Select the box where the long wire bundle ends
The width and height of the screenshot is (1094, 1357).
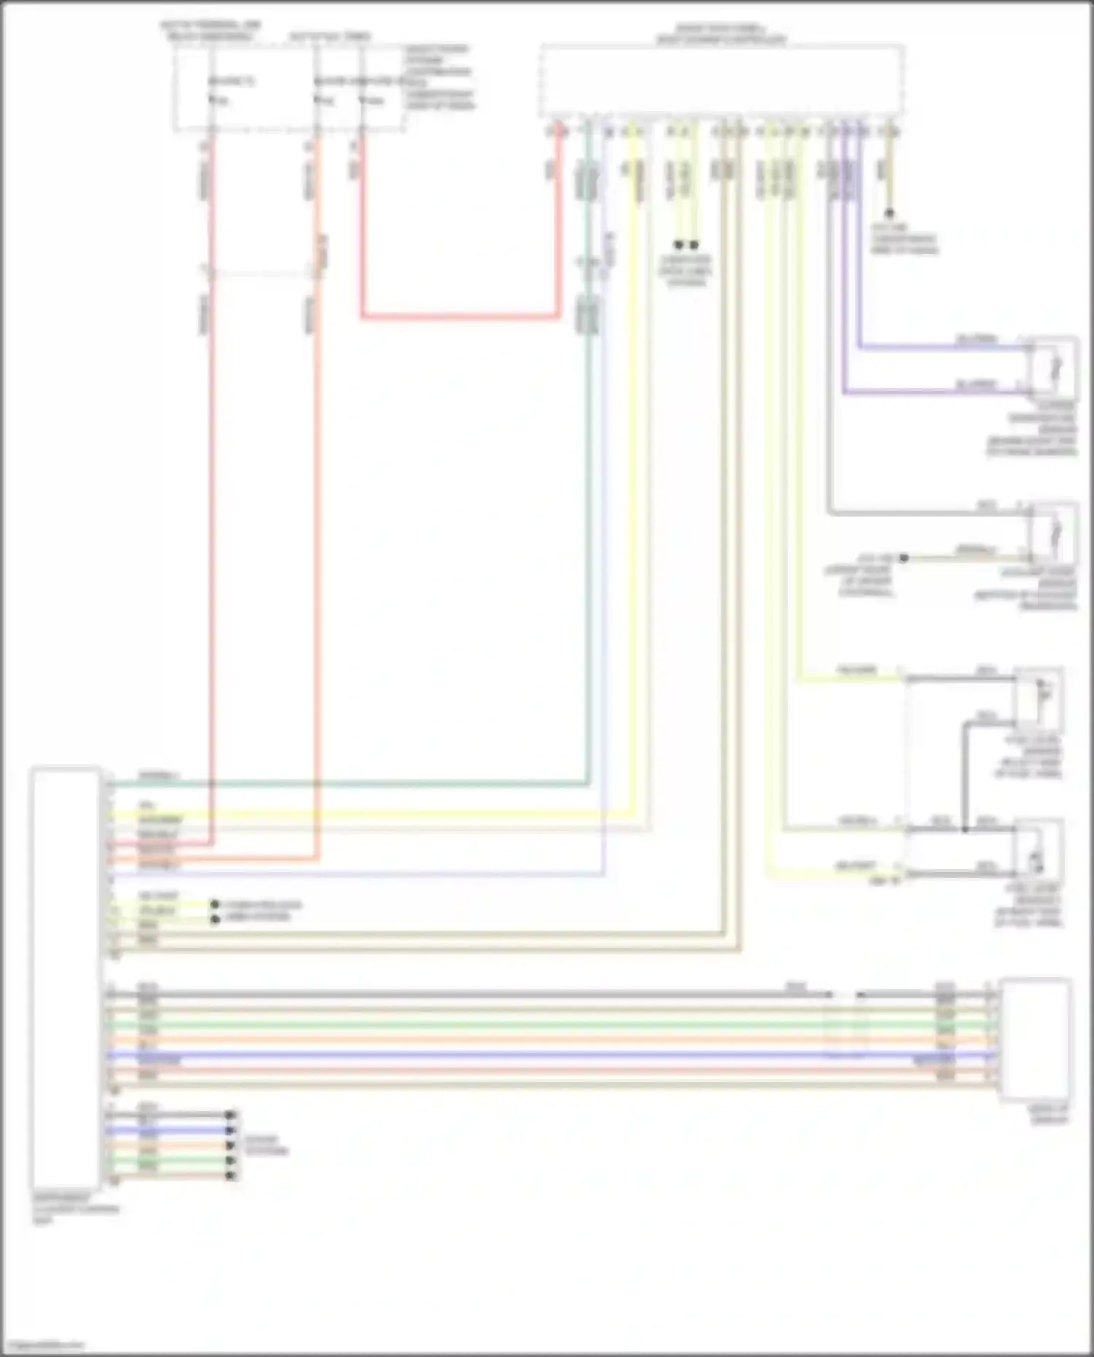click(x=1036, y=1038)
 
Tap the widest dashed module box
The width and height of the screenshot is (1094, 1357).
click(x=722, y=80)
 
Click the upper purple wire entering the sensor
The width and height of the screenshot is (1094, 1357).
click(x=941, y=347)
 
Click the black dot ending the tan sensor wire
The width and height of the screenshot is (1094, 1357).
click(x=903, y=558)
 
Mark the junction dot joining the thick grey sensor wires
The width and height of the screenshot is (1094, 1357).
click(x=964, y=829)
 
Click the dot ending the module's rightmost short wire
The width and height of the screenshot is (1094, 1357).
click(x=889, y=214)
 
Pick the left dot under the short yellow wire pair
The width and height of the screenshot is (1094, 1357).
click(x=678, y=245)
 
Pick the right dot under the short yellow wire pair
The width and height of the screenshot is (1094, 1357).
click(x=694, y=245)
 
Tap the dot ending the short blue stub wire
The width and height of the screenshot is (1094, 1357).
click(x=230, y=1130)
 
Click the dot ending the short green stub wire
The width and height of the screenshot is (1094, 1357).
click(x=230, y=1160)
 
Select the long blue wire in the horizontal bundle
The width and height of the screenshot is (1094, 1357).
click(x=511, y=1055)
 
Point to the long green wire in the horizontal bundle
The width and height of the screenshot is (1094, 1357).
click(x=511, y=1024)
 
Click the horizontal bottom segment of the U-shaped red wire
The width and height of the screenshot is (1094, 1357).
click(x=459, y=316)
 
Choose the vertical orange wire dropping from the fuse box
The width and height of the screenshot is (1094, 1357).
click(x=317, y=510)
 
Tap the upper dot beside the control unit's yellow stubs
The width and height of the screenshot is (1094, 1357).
click(x=214, y=904)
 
